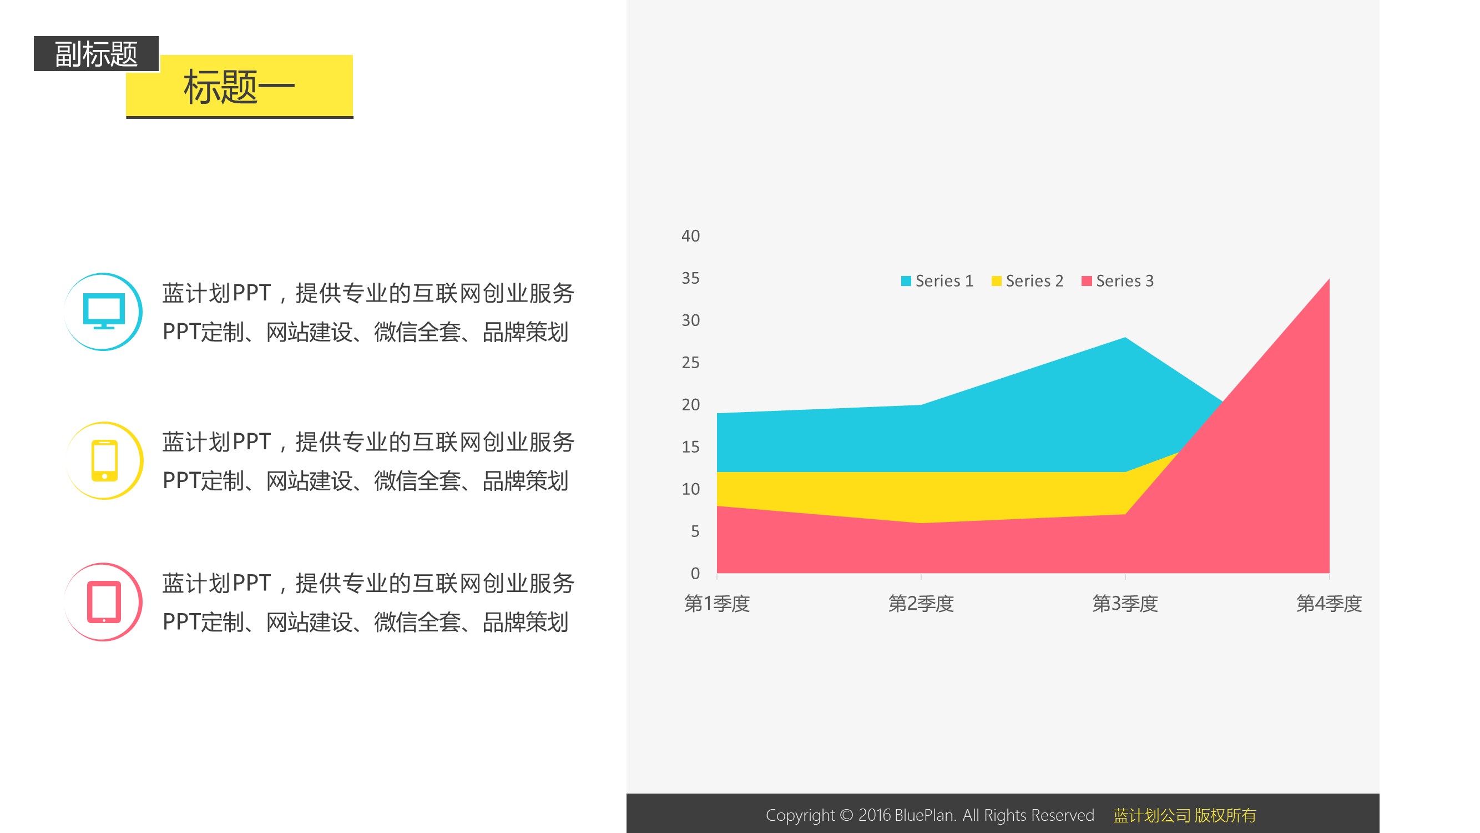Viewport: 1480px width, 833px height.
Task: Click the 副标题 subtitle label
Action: (x=96, y=54)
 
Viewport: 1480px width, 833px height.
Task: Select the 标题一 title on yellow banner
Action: (x=239, y=87)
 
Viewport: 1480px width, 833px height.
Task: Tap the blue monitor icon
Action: (x=103, y=311)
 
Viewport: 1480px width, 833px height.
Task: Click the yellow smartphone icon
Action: (x=104, y=460)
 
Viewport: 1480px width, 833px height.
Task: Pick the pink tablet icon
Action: (x=104, y=602)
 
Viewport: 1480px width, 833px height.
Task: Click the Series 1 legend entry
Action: (x=937, y=280)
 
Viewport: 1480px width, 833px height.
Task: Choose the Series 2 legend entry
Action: (x=1027, y=280)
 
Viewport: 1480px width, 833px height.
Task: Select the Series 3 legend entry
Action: (x=1118, y=280)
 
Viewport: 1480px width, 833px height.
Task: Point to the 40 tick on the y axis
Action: (x=690, y=235)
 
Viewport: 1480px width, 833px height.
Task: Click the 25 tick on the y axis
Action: (x=690, y=362)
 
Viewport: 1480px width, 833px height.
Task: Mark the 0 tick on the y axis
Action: (x=695, y=573)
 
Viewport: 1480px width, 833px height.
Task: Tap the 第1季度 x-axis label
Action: (x=717, y=604)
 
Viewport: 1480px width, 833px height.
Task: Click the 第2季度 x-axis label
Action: (x=921, y=604)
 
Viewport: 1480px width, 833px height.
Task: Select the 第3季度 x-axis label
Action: (x=1125, y=604)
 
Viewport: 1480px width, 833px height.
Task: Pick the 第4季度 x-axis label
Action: (x=1329, y=604)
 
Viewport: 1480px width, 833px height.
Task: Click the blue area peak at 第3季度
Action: (x=1125, y=338)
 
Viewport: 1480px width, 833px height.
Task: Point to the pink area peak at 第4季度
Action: (x=1329, y=279)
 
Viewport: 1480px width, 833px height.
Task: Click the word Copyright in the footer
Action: (x=800, y=815)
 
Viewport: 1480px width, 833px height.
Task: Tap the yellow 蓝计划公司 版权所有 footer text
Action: (x=1185, y=815)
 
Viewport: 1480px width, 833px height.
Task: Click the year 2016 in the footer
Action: (x=874, y=815)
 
